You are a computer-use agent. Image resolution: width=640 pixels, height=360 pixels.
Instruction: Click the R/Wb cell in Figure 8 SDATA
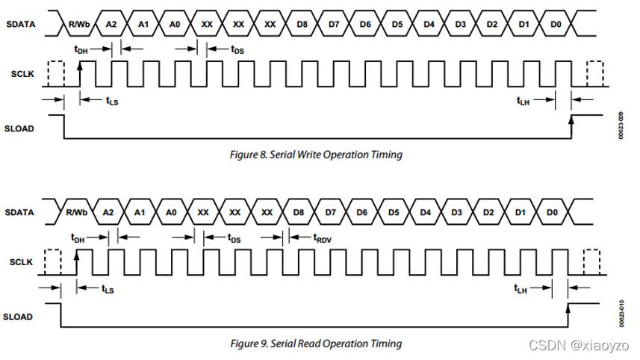tap(78, 25)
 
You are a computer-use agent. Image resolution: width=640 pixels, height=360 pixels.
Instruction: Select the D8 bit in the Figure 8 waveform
tap(302, 25)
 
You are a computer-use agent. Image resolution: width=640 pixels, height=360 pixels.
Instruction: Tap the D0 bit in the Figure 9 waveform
tap(552, 212)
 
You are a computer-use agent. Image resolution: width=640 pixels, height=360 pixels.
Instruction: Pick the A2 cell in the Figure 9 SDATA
tap(108, 212)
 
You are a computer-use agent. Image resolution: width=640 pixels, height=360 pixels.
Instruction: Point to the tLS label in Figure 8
tap(111, 100)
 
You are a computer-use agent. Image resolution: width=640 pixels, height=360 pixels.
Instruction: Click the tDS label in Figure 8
tap(237, 49)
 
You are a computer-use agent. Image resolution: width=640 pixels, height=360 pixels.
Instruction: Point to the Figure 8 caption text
tap(315, 155)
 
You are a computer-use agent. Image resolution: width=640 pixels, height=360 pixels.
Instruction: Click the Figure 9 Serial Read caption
tap(314, 344)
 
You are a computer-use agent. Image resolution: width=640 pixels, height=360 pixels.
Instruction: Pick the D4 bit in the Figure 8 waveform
tap(429, 25)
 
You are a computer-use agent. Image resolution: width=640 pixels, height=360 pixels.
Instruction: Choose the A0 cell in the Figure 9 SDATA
tap(170, 212)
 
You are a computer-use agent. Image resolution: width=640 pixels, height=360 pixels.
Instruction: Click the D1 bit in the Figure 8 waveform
tap(524, 25)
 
